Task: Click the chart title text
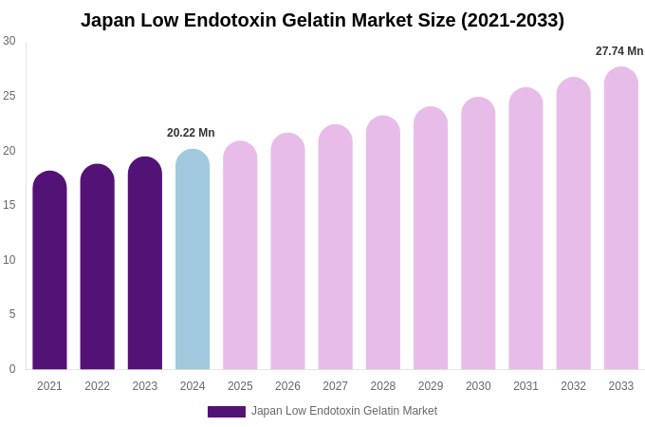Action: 322,20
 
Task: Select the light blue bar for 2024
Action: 193,261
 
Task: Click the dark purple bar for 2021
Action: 49,271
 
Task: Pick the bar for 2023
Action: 145,265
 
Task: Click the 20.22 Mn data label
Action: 191,133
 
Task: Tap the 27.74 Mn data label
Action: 619,51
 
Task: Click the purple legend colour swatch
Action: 227,412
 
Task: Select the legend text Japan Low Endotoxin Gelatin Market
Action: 344,411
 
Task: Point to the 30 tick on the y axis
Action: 9,41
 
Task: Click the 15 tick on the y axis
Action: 9,205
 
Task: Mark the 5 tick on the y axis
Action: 12,314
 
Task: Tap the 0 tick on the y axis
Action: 12,369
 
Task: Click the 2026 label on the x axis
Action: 287,386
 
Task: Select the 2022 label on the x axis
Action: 97,386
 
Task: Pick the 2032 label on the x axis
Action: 573,386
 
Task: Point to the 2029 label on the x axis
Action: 431,386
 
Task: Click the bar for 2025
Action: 240,256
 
